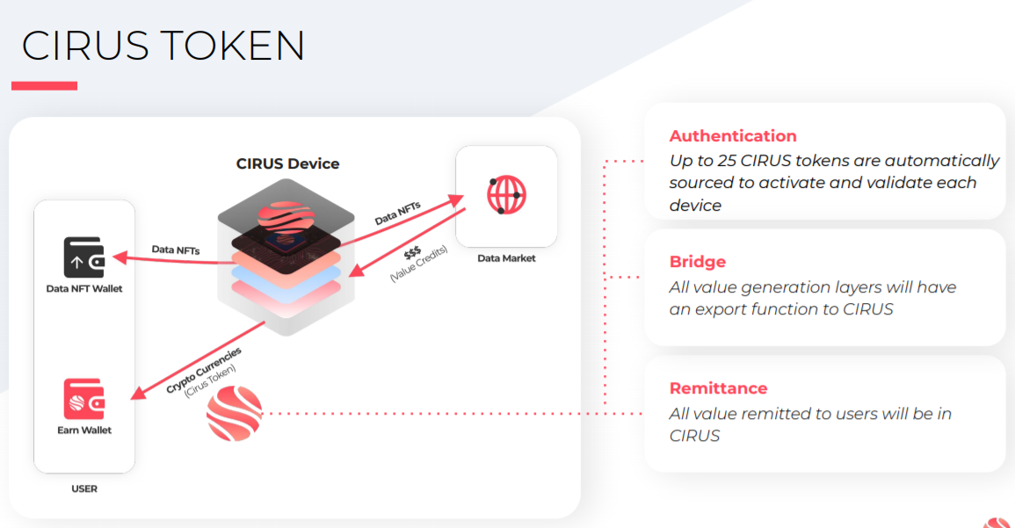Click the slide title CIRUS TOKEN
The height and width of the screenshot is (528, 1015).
coord(163,46)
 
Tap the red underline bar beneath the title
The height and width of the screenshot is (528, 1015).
coord(44,85)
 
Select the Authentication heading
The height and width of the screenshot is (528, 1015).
coord(733,136)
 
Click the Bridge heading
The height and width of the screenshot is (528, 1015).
coord(697,262)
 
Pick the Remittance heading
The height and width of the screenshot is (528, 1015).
coord(718,388)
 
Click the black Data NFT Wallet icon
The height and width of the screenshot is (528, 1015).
coord(84,257)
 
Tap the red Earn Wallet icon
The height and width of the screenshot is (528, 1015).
coord(84,399)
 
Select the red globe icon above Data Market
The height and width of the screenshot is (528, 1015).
coord(506,195)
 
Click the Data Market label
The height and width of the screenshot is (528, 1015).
coord(506,258)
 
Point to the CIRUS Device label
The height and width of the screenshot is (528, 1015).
coord(287,163)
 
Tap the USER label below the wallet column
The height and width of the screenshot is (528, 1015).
coord(84,488)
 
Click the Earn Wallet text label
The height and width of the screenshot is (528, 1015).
coord(84,430)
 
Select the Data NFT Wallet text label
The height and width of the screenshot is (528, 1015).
coord(84,288)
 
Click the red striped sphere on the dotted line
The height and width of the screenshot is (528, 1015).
coord(235,414)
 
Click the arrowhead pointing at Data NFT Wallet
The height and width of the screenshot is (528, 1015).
coord(120,257)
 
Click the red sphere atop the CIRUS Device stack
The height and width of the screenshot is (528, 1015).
coord(286,217)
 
